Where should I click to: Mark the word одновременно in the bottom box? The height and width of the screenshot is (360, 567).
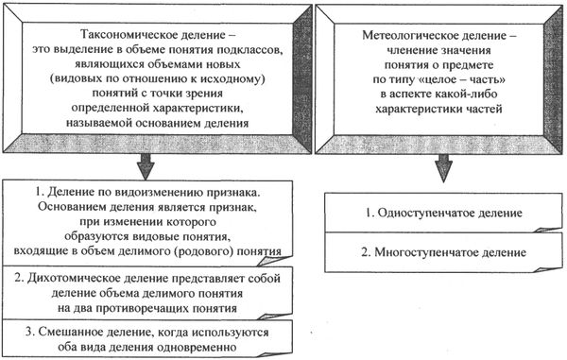[x=190, y=348]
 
